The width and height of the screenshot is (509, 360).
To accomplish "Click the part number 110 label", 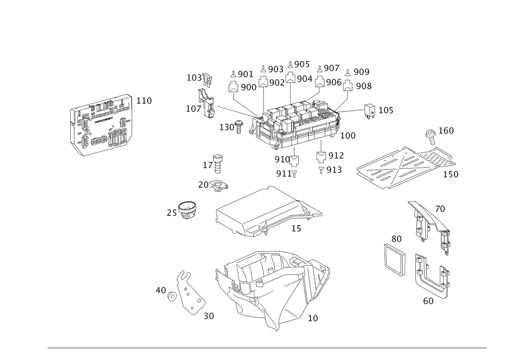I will [145, 101].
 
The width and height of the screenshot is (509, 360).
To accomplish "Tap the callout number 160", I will [446, 131].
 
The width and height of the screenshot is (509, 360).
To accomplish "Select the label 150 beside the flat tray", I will [450, 174].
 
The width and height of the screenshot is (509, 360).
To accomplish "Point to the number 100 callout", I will [348, 136].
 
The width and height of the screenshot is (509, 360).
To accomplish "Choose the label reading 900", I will [248, 88].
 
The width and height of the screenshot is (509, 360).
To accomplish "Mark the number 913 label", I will [334, 170].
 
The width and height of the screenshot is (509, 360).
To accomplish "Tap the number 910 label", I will [281, 160].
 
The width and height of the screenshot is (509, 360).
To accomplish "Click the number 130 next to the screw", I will [227, 126].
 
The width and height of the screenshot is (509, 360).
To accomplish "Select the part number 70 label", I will [440, 209].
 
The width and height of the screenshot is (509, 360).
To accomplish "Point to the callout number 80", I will [397, 238].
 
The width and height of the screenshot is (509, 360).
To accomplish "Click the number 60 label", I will [428, 300].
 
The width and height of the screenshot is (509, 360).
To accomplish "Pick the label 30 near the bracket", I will [209, 316].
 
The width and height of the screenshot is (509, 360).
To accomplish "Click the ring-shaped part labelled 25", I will [187, 210].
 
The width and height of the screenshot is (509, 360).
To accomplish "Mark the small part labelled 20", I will [220, 186].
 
